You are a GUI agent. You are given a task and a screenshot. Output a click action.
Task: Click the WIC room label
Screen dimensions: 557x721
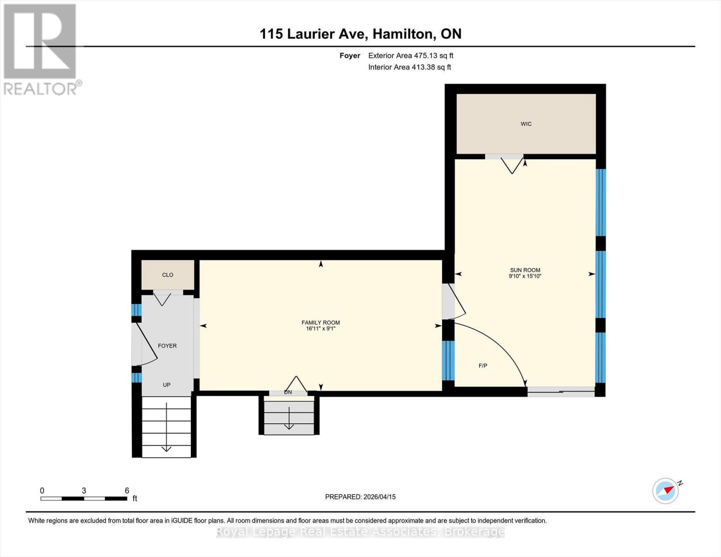click(x=526, y=124)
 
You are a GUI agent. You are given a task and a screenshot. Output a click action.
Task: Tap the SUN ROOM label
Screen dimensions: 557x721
click(x=525, y=270)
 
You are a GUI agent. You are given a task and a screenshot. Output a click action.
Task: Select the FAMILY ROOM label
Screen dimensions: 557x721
click(x=320, y=323)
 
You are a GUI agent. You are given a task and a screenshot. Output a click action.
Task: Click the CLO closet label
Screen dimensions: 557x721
click(x=168, y=275)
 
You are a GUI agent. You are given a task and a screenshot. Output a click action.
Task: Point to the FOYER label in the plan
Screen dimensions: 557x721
click(x=167, y=346)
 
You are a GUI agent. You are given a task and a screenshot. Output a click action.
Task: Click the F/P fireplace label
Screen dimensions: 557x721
click(x=483, y=366)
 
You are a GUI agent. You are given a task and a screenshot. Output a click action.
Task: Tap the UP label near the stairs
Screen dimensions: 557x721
click(x=167, y=385)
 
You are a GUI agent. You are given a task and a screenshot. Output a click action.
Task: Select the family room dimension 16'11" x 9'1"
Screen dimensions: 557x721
click(x=320, y=329)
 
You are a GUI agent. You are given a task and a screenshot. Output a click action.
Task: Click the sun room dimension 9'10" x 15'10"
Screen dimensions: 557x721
click(x=525, y=276)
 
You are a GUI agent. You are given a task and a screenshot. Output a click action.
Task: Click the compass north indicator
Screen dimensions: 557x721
click(x=666, y=491)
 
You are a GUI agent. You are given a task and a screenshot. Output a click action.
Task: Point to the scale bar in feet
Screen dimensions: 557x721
click(x=84, y=499)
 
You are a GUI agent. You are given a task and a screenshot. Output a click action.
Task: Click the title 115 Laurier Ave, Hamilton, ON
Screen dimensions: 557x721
click(x=360, y=34)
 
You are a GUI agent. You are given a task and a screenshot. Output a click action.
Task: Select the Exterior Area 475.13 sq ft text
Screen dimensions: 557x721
click(x=410, y=56)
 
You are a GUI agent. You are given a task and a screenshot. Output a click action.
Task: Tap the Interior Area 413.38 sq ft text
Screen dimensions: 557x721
click(x=409, y=67)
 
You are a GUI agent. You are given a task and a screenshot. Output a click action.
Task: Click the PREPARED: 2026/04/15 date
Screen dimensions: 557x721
click(x=360, y=497)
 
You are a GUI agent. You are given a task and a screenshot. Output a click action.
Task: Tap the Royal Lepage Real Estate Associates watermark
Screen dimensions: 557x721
click(x=360, y=531)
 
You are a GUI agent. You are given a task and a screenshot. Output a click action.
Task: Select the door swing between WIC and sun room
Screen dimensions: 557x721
click(x=512, y=165)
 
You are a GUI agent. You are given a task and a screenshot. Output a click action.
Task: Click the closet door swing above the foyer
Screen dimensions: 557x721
click(x=162, y=299)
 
